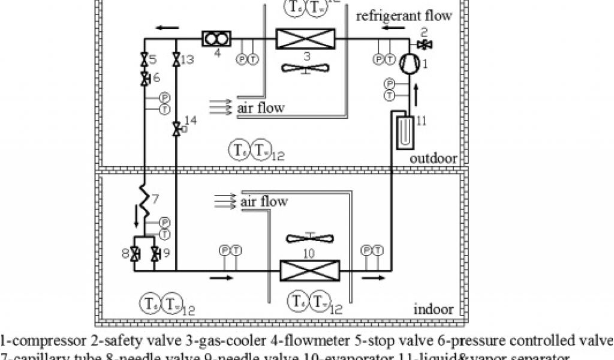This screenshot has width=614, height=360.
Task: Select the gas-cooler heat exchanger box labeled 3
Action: point(306,40)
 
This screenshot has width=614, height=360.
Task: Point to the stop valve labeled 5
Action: point(145,59)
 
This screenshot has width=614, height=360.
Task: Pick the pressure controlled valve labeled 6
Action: point(145,78)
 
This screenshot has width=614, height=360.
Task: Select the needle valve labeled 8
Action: point(135,253)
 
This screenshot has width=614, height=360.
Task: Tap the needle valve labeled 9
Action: point(155,253)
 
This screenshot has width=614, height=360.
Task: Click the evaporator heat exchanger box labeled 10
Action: point(309,270)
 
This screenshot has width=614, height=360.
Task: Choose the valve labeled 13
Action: point(176,59)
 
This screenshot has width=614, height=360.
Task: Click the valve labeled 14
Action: point(176,128)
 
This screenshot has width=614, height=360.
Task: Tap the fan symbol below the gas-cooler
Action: point(306,67)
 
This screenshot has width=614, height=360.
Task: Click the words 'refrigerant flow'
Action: point(404,15)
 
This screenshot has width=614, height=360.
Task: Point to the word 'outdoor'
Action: point(434,158)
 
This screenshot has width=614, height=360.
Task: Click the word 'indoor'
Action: point(434,310)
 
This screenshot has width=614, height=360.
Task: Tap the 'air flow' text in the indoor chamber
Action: point(264,201)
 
